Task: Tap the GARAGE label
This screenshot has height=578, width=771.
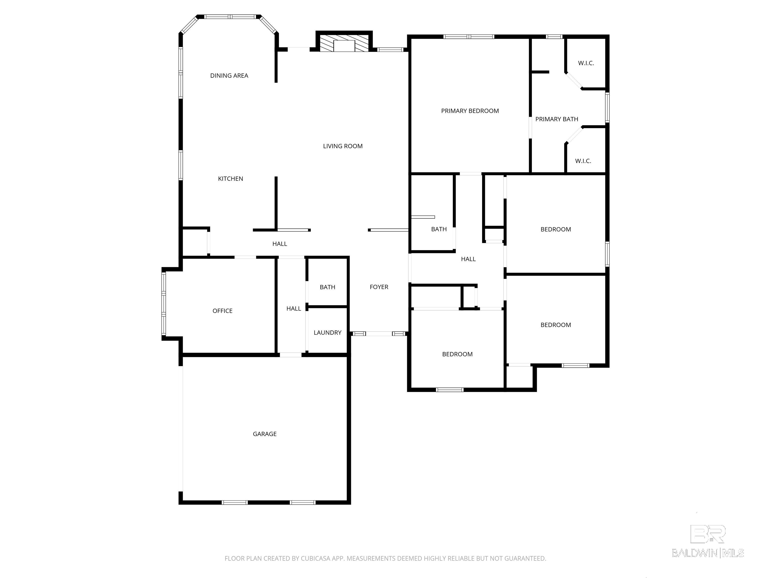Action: pos(265,434)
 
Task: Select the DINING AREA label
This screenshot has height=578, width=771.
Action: pos(229,76)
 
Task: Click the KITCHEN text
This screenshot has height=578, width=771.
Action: pos(230,179)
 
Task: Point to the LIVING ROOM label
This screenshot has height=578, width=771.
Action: pos(343,146)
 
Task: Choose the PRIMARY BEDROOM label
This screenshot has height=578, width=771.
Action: pos(470,111)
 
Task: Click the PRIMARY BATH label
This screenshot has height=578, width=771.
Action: pos(557,119)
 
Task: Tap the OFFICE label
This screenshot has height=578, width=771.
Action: pos(222,311)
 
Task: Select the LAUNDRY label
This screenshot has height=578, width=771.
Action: pos(327,333)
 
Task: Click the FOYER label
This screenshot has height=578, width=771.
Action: pos(379,287)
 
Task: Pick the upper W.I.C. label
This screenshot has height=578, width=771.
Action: pos(586,63)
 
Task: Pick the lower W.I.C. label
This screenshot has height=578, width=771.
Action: pos(583,161)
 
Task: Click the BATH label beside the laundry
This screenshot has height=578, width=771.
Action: pos(327,287)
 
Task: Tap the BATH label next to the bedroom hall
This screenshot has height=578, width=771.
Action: pos(439,229)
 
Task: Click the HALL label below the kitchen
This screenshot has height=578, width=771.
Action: pos(280,244)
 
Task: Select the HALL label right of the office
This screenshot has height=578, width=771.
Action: pos(293,309)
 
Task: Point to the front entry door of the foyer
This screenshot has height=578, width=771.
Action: pos(379,334)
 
